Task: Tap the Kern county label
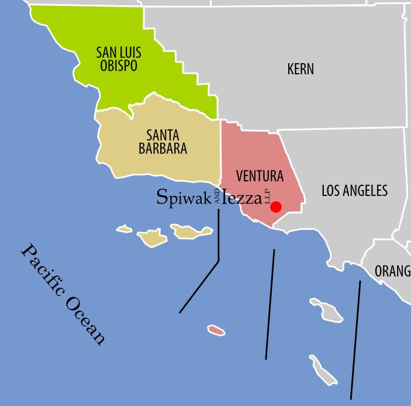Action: pyautogui.click(x=301, y=69)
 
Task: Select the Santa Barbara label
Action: pyautogui.click(x=163, y=142)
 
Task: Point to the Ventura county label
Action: pyautogui.click(x=260, y=176)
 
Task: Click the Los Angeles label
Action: pyautogui.click(x=354, y=190)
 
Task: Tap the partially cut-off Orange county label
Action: pyautogui.click(x=392, y=271)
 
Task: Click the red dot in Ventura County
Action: pyautogui.click(x=276, y=207)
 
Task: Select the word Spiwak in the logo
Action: pyautogui.click(x=185, y=197)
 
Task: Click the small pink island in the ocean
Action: pyautogui.click(x=216, y=331)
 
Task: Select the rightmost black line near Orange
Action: pyautogui.click(x=355, y=339)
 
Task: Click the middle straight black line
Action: pyautogui.click(x=270, y=304)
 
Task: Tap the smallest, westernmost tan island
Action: pyautogui.click(x=124, y=229)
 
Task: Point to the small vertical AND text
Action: pyautogui.click(x=217, y=196)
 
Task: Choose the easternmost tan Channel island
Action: pyautogui.click(x=191, y=232)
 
